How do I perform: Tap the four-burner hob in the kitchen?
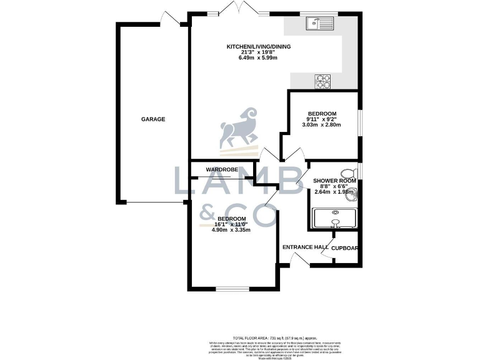322,81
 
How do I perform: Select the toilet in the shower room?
347,174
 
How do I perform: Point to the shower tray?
335,219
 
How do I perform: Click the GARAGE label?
152,119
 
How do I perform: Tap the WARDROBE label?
220,169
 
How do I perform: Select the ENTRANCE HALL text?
306,247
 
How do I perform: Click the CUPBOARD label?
345,247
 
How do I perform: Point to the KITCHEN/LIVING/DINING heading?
259,46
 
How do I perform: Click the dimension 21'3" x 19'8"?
259,52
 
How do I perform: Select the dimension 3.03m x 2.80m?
322,125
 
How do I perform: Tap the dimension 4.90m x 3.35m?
231,230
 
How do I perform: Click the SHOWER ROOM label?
335,181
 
